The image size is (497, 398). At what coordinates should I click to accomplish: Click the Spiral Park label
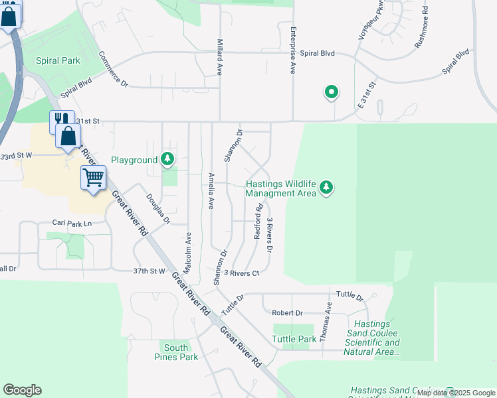[x=58, y=60]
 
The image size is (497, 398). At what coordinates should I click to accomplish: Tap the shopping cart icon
[x=93, y=177]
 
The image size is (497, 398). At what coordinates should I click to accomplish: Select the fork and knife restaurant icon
[x=61, y=119]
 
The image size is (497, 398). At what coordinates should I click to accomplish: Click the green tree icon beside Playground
[x=169, y=159]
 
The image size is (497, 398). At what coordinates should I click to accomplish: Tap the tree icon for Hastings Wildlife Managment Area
[x=326, y=188]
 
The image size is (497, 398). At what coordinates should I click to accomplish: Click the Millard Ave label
[x=219, y=55]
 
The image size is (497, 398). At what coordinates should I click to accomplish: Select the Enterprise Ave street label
[x=292, y=50]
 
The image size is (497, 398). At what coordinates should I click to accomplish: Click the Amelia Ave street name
[x=211, y=191]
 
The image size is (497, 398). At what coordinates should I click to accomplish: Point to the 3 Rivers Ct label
[x=241, y=273]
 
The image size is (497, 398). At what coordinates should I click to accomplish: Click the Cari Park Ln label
[x=72, y=224]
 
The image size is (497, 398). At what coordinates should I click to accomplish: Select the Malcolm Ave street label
[x=188, y=254]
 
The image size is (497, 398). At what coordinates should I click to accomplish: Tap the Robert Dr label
[x=287, y=312]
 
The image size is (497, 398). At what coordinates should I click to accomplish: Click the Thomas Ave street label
[x=325, y=321]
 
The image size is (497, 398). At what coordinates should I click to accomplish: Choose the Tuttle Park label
[x=294, y=339]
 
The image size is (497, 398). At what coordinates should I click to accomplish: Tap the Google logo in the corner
[x=22, y=389]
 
